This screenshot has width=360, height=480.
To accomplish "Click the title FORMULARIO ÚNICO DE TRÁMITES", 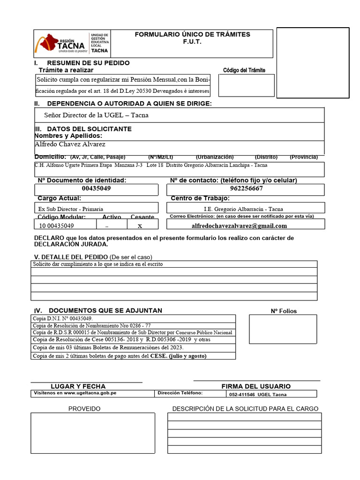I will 192,35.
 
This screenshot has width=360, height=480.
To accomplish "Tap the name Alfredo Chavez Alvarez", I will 70,144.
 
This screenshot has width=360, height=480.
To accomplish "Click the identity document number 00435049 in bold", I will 97,188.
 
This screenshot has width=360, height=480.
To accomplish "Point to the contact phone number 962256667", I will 247,188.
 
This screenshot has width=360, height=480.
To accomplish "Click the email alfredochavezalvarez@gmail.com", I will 239,225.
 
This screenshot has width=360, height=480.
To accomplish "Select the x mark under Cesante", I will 140,225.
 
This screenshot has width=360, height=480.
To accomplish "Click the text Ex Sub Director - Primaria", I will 71,209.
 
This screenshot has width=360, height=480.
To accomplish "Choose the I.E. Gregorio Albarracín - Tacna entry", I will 243,209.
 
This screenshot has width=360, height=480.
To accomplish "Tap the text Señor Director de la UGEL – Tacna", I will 96,115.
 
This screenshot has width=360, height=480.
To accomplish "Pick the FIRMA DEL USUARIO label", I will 256,386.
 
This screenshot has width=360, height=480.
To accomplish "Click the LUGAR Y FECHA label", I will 78,386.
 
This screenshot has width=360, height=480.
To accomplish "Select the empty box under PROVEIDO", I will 93,433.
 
